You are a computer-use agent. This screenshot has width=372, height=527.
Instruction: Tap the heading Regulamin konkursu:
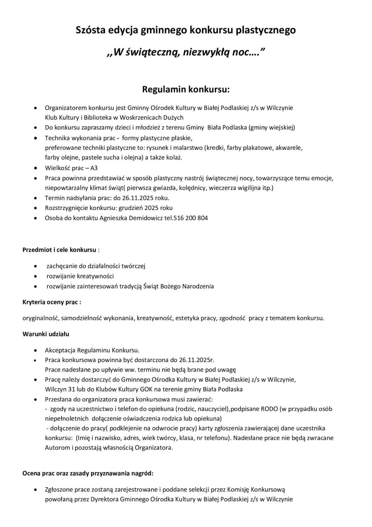point(186,89)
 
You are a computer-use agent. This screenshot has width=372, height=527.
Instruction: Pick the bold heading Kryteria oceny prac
point(51,302)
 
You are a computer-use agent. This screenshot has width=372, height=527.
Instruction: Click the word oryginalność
point(40,318)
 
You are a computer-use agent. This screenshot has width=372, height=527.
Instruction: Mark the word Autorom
point(56,448)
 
